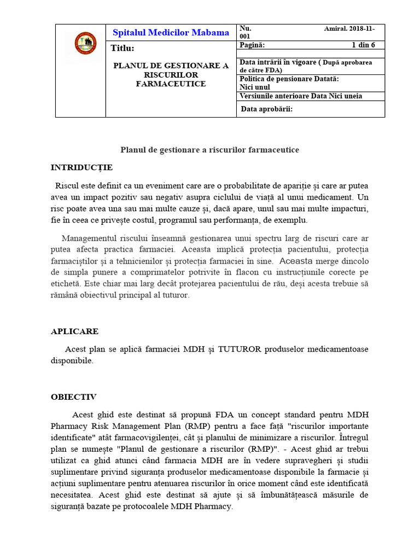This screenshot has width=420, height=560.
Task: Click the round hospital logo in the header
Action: pos(86,43)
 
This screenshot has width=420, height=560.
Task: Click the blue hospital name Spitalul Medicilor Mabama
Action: pos(171,33)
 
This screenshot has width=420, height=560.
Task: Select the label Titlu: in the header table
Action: pos(122,48)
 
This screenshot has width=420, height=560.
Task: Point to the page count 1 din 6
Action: pos(363,45)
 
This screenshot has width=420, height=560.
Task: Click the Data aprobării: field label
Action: pos(267,108)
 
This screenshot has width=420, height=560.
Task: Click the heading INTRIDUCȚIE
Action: pos(81,167)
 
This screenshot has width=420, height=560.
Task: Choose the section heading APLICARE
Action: pos(75,331)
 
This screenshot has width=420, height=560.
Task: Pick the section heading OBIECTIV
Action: pos(74,396)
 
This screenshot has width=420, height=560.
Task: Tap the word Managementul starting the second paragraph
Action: pos(90,238)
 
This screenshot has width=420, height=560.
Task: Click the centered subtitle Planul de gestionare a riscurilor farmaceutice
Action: pos(209,149)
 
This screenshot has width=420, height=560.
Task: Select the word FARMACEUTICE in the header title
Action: pos(171,84)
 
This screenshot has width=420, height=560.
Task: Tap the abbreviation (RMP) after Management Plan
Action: pos(198,425)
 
